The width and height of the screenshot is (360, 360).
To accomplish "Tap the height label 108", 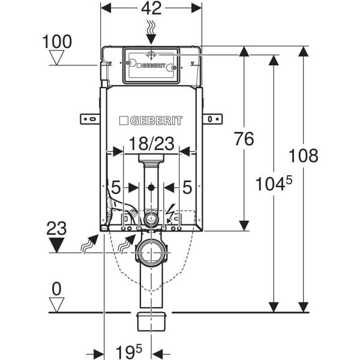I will (x=303, y=155).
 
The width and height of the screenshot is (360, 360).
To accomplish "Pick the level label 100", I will (x=57, y=41).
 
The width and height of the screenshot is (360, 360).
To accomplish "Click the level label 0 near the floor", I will (x=56, y=289).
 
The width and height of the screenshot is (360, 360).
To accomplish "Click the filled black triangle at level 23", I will (x=57, y=245).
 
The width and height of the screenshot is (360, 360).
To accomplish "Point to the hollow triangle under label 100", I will (x=58, y=58).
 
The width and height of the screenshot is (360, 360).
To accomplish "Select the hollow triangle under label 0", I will (x=56, y=305).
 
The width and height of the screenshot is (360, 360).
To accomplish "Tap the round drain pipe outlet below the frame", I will (x=151, y=251).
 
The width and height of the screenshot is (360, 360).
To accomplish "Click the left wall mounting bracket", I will (x=89, y=118).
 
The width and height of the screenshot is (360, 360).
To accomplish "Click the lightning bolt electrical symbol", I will (x=171, y=214).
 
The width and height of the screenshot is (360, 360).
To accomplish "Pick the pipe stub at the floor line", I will (x=151, y=320).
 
